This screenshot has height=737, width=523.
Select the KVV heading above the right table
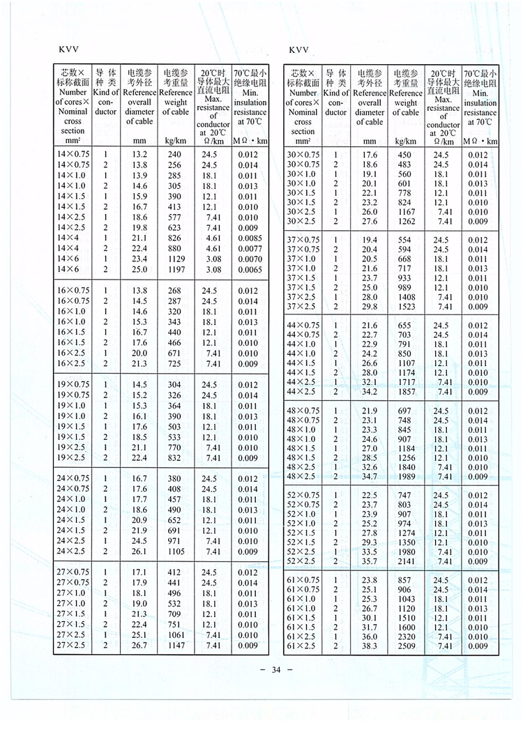297,51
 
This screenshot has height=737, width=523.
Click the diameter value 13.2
139,155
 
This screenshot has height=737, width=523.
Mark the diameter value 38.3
369,647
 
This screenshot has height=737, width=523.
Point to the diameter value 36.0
369,637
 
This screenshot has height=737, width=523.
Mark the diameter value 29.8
369,307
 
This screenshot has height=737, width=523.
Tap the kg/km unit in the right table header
406,141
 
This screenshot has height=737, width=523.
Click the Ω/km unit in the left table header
213,141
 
